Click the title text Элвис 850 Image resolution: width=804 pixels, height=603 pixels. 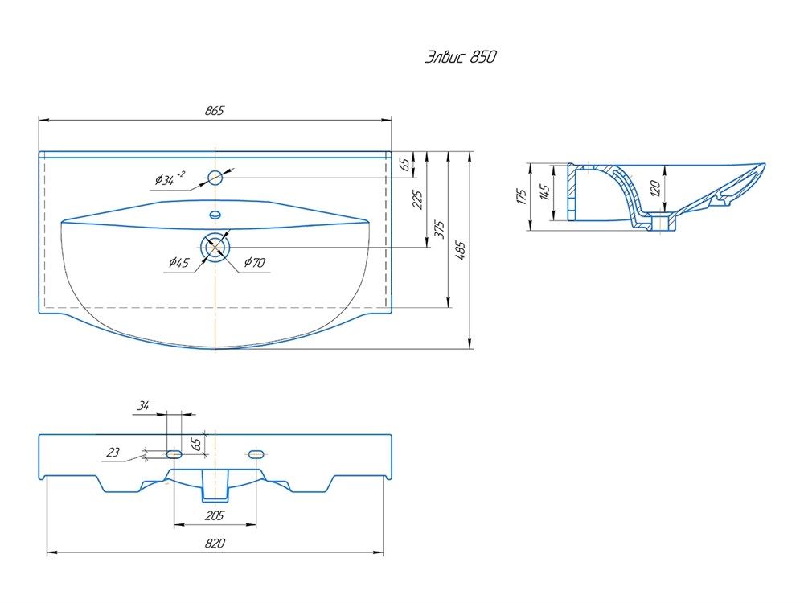[x=461, y=56]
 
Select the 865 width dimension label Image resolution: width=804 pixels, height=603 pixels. [x=215, y=110]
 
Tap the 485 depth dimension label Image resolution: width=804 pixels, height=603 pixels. [x=460, y=250]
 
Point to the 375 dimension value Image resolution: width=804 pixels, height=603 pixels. [x=440, y=229]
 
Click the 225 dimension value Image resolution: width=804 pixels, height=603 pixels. [x=417, y=199]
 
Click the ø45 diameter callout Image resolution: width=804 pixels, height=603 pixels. [x=179, y=263]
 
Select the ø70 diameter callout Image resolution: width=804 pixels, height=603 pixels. [x=255, y=263]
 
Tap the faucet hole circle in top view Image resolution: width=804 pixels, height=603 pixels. [x=215, y=178]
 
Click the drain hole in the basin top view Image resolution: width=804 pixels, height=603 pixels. [x=215, y=248]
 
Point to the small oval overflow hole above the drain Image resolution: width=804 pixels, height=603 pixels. [x=215, y=215]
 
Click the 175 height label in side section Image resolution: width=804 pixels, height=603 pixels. [x=522, y=196]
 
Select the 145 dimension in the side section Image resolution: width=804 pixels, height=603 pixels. [x=544, y=192]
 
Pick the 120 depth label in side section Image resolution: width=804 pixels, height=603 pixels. [x=654, y=188]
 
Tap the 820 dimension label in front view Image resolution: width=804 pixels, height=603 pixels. [x=215, y=543]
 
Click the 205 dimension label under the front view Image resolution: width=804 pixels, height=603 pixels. [x=215, y=515]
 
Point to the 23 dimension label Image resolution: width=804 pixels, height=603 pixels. [x=113, y=452]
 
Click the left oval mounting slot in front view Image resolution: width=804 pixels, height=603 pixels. [x=174, y=454]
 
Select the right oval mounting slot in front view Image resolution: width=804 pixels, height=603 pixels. [x=256, y=454]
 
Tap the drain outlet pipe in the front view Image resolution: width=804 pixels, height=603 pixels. [x=215, y=485]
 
